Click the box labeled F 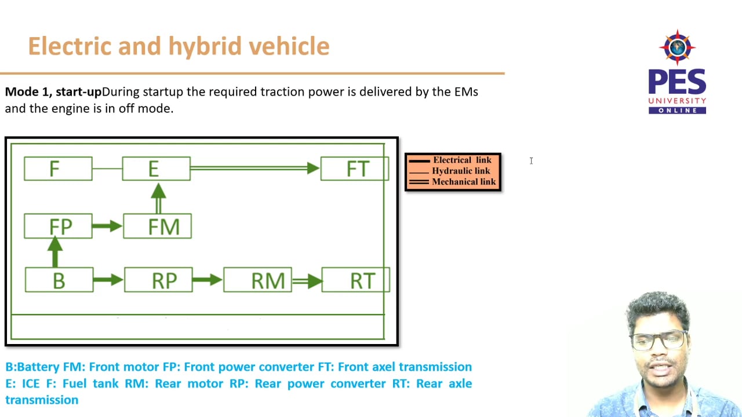pos(58,169)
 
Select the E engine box pos(156,169)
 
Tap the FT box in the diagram pos(355,169)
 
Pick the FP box pos(58,226)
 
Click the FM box pos(157,226)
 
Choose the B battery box pos(59,280)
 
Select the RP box pos(158,280)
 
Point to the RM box pos(257,280)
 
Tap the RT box pos(356,280)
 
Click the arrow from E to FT pos(255,169)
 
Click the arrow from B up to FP pos(55,252)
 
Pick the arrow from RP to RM pos(208,280)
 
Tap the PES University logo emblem pos(676,47)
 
